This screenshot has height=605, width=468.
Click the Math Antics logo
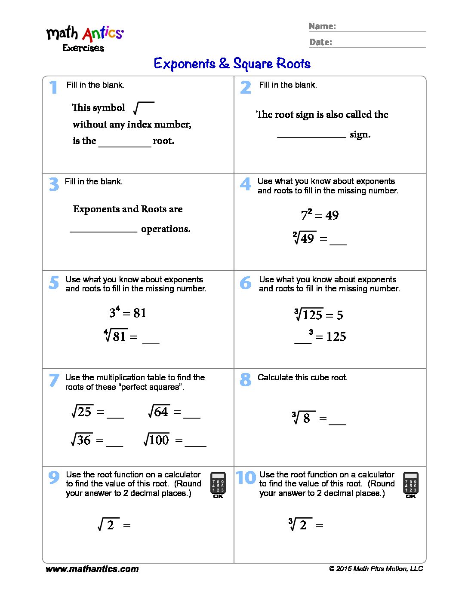pos(85,38)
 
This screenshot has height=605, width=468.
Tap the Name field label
pos(322,26)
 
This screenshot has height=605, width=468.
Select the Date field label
pos(320,42)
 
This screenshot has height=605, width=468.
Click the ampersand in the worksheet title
pos(224,64)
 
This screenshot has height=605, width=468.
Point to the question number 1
pos(53,87)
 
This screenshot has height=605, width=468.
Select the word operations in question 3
pos(166,229)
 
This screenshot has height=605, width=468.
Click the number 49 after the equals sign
pos(332,215)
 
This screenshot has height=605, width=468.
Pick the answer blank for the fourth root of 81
pos(151,340)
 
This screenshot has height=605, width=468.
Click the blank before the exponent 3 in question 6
pos(302,339)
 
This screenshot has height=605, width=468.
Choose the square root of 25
pos(82,412)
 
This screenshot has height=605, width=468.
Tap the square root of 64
pos(159,412)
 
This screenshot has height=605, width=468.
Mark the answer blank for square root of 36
pos(114,443)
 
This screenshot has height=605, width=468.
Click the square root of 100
pos(157,440)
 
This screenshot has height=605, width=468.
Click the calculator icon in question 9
pos(218,485)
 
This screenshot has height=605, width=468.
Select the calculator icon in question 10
pos(411,485)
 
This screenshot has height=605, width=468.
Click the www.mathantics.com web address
pos(92,569)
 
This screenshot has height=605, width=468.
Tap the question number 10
pos(246,477)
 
